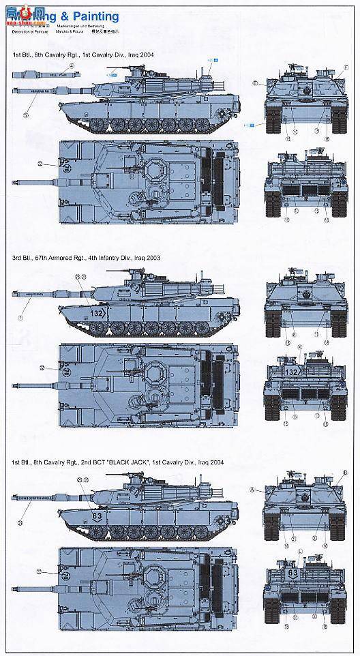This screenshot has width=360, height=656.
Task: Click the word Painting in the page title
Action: point(98,16)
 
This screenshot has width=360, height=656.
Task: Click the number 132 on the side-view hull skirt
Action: point(97,312)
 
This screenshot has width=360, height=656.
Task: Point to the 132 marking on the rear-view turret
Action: point(292,372)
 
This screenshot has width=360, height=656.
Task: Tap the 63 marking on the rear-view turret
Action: point(292,573)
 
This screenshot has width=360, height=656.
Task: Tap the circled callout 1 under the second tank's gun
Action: point(21,318)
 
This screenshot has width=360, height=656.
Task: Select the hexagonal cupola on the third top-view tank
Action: point(153,574)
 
